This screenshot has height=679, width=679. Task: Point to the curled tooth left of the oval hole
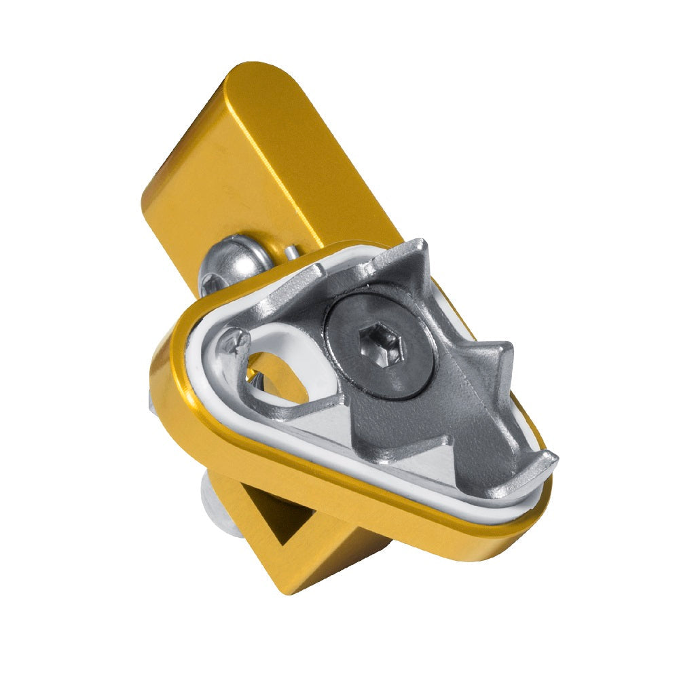[231, 339]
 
